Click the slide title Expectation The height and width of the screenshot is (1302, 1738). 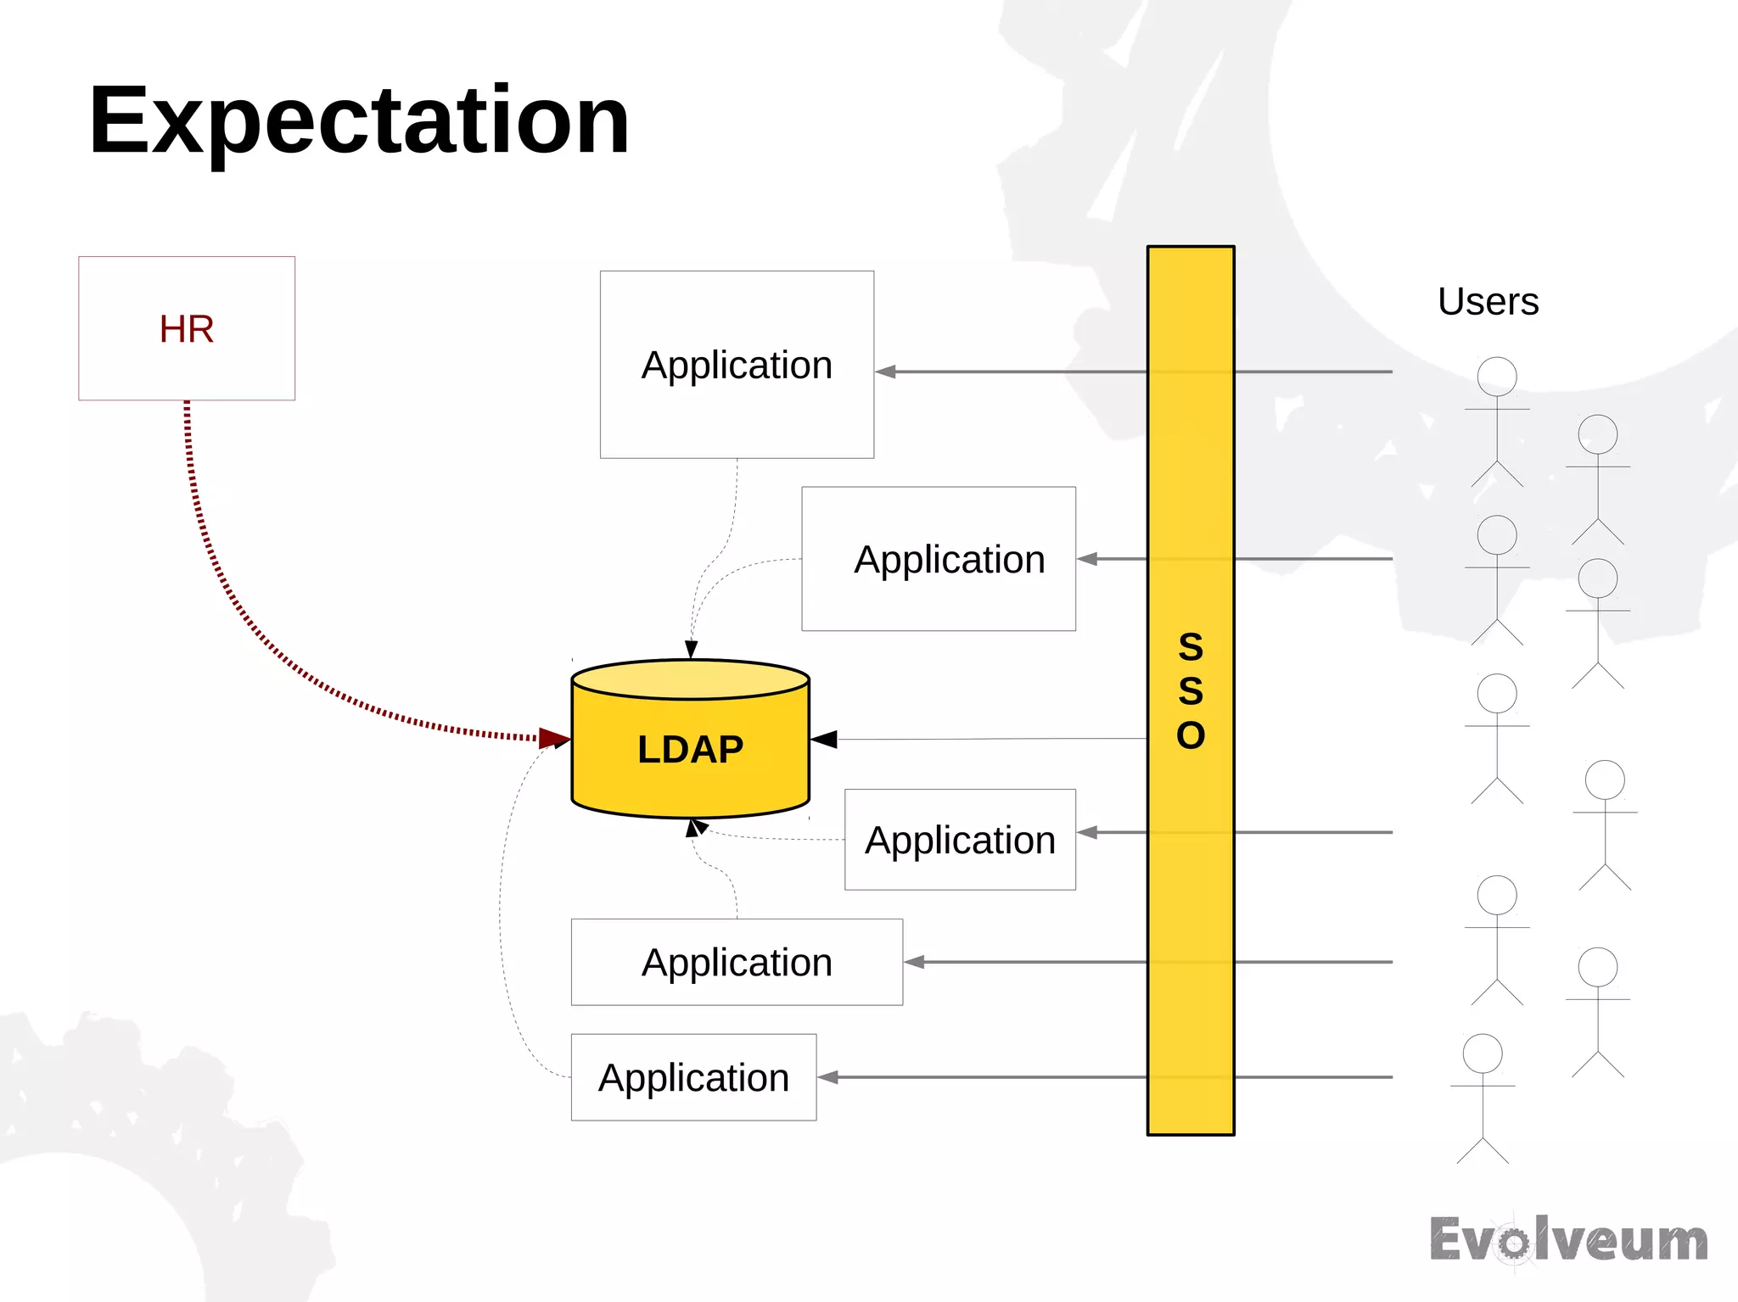point(358,120)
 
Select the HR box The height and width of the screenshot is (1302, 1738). point(187,328)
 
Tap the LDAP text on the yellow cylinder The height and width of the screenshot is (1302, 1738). point(690,750)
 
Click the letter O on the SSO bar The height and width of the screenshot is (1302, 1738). point(1191,735)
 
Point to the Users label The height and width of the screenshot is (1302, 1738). point(1488,301)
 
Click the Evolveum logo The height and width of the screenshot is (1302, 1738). point(1568,1240)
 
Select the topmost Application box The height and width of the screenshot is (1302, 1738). point(737,365)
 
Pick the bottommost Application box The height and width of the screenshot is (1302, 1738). point(693,1077)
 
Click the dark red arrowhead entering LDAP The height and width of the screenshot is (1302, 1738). point(553,738)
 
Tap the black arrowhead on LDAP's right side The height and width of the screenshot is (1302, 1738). point(824,740)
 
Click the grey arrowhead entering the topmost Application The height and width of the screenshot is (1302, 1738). point(886,372)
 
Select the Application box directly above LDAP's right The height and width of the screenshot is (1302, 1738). point(939,559)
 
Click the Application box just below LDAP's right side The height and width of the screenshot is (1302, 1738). point(960,840)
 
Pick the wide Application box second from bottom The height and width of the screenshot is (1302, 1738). point(737,962)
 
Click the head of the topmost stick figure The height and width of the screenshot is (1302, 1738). point(1497,377)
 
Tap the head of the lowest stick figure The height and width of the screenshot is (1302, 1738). point(1483,1053)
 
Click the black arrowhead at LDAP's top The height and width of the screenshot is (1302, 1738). point(692,650)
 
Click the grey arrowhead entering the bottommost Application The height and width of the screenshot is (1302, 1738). point(828,1077)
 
